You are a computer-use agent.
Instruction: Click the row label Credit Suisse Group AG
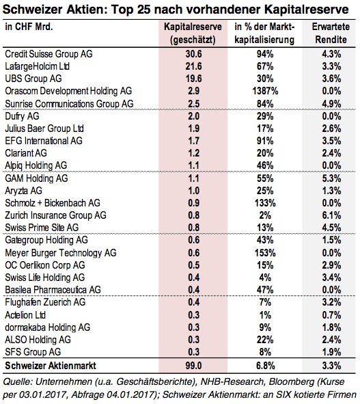[x=49, y=54]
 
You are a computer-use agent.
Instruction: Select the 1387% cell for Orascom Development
[x=265, y=91]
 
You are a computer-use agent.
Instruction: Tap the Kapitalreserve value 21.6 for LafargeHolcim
[x=193, y=66]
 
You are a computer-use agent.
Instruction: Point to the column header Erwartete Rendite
[x=331, y=33]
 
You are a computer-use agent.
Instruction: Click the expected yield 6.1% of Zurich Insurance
[x=332, y=215]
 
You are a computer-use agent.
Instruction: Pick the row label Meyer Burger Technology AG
[x=61, y=253]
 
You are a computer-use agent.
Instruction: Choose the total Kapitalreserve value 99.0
[x=193, y=366]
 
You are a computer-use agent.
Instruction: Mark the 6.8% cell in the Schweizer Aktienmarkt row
[x=265, y=366]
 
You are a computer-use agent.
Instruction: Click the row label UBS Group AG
[x=33, y=79]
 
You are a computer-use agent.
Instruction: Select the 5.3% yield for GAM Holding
[x=332, y=178]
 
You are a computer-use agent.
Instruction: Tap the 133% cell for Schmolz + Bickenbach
[x=265, y=203]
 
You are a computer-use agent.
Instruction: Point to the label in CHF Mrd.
[x=29, y=27]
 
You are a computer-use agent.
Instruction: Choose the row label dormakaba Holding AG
[x=48, y=327]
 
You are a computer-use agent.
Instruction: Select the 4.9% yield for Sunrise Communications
[x=332, y=104]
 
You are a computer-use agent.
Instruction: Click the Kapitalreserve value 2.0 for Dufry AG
[x=193, y=116]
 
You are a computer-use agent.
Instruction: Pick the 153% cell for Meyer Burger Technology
[x=265, y=253]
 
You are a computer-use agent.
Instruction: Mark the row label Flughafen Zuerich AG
[x=45, y=302]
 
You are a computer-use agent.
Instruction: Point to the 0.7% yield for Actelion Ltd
[x=332, y=315]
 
